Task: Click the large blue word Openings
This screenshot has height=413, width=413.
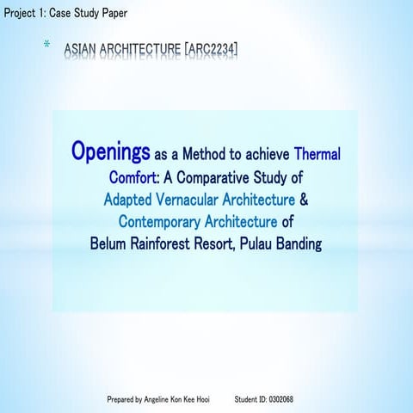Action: (110, 153)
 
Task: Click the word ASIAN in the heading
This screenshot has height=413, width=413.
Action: (82, 51)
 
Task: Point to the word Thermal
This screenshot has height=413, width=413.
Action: (317, 156)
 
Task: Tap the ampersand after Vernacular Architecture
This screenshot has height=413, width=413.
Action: (304, 200)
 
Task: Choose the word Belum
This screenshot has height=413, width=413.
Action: (109, 244)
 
